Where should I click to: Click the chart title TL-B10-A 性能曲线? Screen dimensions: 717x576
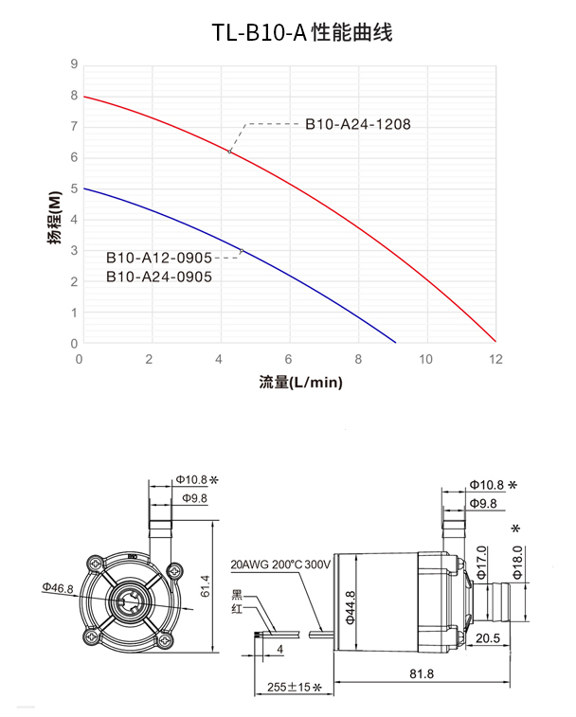tap(302, 33)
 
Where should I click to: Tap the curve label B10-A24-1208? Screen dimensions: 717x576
tap(357, 124)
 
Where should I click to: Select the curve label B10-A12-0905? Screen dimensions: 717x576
tap(158, 258)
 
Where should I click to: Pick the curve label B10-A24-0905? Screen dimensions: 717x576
tap(158, 277)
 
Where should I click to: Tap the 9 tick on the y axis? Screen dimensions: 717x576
tap(73, 64)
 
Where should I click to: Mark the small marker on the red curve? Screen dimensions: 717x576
tap(229, 151)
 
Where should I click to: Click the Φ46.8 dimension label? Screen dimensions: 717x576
tap(58, 588)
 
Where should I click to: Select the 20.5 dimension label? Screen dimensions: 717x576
tap(488, 637)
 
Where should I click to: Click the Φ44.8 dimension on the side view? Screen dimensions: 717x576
tap(350, 603)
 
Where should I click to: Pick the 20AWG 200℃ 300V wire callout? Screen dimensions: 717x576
tap(280, 565)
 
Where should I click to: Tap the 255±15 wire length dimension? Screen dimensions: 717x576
tap(295, 688)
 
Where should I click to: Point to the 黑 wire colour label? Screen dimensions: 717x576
tap(237, 595)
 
